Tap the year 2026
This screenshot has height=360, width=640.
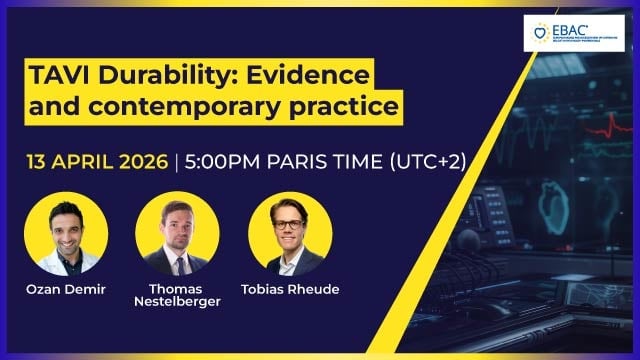click(145, 163)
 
